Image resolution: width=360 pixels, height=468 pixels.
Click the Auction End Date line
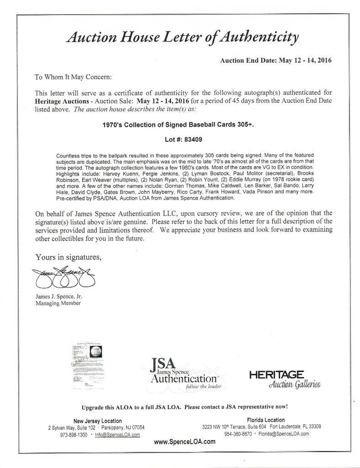coord(276,61)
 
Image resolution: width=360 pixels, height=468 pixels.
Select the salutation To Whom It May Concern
coord(73,77)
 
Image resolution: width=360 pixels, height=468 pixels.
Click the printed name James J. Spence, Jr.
coord(58,295)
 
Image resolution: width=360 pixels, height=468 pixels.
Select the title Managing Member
coord(58,303)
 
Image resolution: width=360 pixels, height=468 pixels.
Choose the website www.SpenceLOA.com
coord(185,442)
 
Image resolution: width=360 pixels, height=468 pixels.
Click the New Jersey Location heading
coord(97,421)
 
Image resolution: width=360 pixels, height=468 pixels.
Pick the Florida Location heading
coord(262,420)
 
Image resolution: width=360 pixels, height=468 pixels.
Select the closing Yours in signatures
coord(68,257)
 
